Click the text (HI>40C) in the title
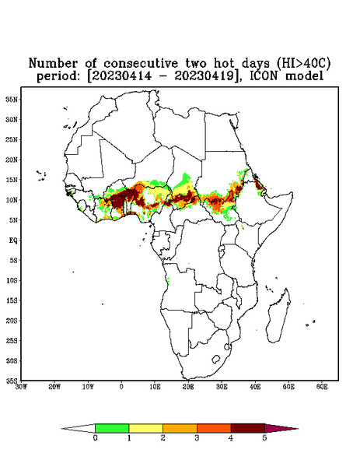pos(303,63)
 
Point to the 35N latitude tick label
pos(12,100)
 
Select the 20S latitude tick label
pos(12,321)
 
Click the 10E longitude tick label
pos(155,387)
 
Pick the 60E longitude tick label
pos(322,387)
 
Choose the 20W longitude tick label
pos(54,387)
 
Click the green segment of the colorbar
pos(112,428)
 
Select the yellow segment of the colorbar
pos(145,428)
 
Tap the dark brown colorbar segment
pos(248,428)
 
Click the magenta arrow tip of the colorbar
pos(281,429)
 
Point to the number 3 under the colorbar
pos(197,438)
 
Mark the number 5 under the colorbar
pos(264,438)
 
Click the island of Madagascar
pos(278,315)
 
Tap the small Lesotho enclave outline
pos(216,359)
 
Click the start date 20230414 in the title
pos(121,75)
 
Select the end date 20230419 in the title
pos(204,75)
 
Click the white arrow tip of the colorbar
pos(78,429)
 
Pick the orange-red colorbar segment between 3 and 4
pos(214,428)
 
